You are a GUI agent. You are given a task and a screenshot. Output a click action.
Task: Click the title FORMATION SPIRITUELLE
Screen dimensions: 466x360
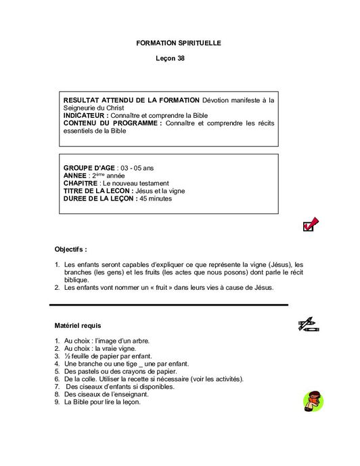(179, 43)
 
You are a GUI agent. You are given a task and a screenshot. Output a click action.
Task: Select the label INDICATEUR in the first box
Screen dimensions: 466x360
(87, 116)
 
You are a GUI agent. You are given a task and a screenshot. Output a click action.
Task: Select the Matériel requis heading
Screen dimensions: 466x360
(78, 326)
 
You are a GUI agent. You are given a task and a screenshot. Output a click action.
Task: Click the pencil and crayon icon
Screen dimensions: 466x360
(309, 324)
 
